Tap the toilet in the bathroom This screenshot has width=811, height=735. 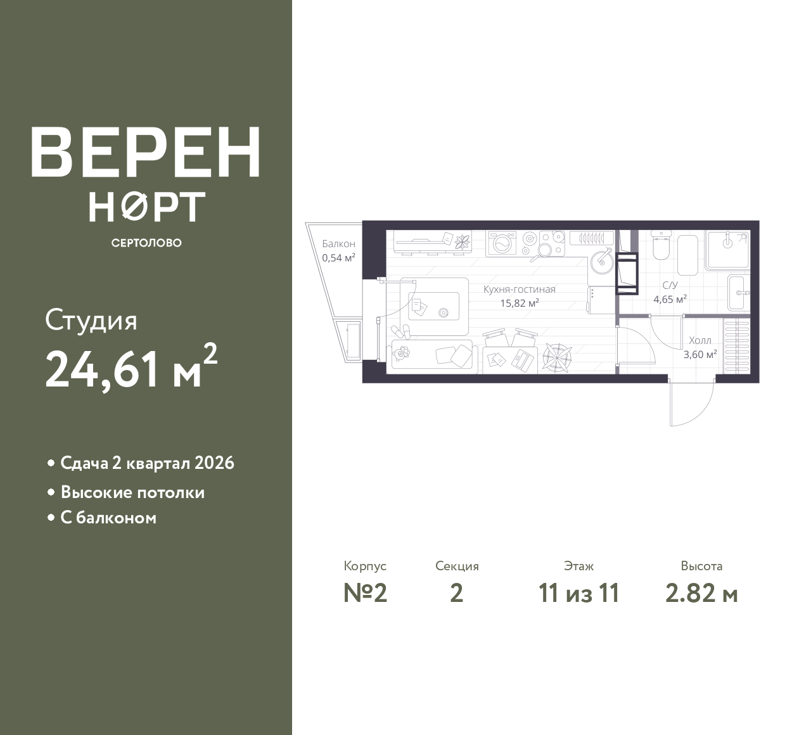(x=662, y=245)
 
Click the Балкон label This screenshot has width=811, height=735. (x=339, y=244)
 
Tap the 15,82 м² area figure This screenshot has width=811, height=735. (x=520, y=302)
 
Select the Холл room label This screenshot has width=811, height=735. (x=700, y=340)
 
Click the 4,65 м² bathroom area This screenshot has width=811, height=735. (x=670, y=299)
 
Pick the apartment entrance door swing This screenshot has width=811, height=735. (x=691, y=404)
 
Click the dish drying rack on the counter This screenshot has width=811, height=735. (x=592, y=238)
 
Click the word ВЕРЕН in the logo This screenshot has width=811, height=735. (x=146, y=153)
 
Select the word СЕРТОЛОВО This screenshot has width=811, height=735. (x=146, y=243)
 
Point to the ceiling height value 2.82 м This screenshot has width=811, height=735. (x=701, y=594)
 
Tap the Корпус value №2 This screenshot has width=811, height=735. (x=366, y=594)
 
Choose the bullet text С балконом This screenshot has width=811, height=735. (x=108, y=518)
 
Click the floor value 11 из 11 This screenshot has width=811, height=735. (x=578, y=594)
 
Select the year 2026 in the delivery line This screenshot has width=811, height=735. (x=214, y=463)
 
